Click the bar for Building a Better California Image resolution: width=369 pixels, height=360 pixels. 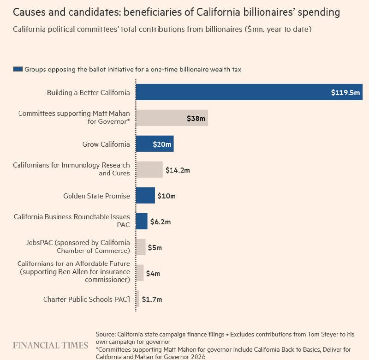pos(249,92)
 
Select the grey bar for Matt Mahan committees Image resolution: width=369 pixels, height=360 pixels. pos(172,118)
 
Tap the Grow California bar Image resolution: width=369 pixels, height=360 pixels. pos(155,144)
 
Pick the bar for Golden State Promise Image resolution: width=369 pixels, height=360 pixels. pos(145,195)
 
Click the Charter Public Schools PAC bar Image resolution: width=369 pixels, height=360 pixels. pos(137,299)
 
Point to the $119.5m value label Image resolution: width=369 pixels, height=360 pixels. pos(345,92)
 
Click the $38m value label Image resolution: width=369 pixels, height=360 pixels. pos(196,118)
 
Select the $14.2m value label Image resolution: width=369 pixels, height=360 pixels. pos(178,170)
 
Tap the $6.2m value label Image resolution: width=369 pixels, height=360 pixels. pos(161,222)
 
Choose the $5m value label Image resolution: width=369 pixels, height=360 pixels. pos(155,248)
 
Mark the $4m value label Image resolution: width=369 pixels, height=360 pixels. pos(153,273)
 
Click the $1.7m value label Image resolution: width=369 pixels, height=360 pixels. pos(152,299)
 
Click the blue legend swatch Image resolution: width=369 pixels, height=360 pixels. pos(18,69)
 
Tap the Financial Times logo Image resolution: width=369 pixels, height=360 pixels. pos(50,345)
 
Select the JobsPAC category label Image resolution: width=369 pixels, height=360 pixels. pos(77,246)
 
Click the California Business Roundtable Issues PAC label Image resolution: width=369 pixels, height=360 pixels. pos(72,221)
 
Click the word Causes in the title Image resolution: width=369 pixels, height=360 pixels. pos(29,12)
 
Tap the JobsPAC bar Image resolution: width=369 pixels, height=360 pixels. pos(141,247)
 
